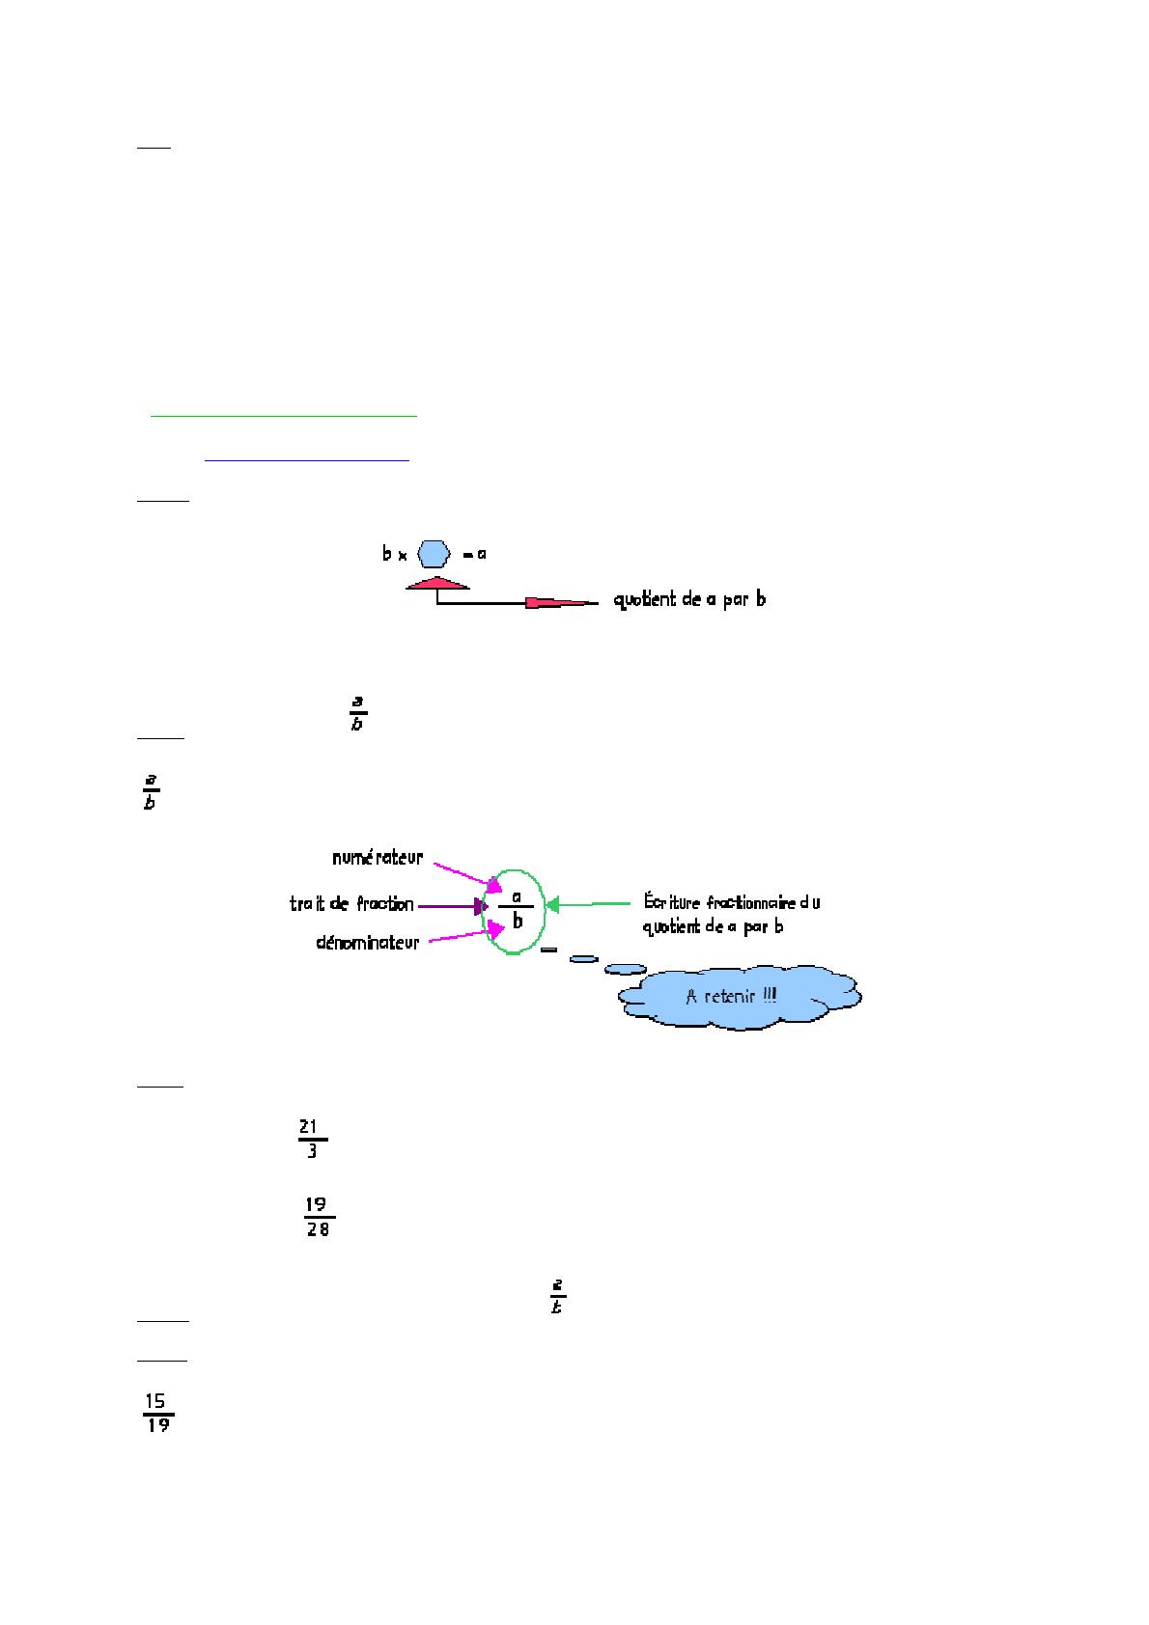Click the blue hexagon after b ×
click(x=434, y=554)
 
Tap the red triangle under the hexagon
click(x=437, y=583)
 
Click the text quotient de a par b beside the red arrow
click(x=689, y=600)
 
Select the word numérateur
click(x=378, y=857)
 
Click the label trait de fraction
click(x=351, y=904)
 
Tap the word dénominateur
click(x=368, y=943)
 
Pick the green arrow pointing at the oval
click(x=589, y=905)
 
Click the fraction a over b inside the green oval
click(x=517, y=908)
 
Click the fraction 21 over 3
click(x=311, y=1139)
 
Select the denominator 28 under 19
click(x=318, y=1230)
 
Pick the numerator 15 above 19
click(x=155, y=1401)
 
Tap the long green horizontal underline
click(x=284, y=416)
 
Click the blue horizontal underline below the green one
click(x=307, y=460)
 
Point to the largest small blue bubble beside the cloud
click(x=625, y=968)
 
